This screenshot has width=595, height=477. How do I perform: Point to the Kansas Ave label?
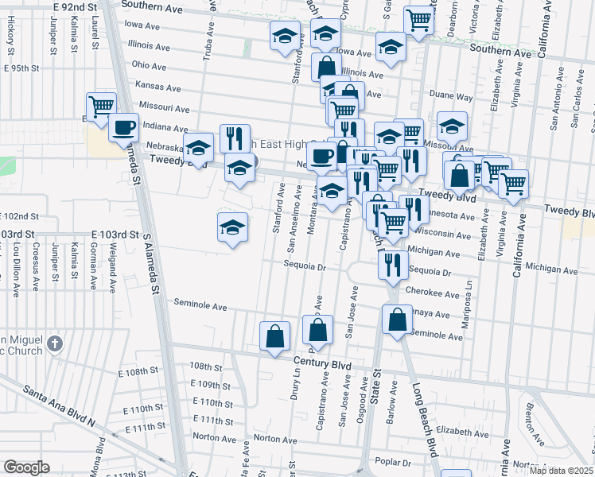click(x=155, y=84)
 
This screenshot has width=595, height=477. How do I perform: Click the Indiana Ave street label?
click(x=165, y=126)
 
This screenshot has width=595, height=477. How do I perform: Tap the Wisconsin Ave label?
click(x=436, y=235)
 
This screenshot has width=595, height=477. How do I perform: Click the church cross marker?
click(x=54, y=343)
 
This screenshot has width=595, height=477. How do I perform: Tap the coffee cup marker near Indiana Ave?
click(x=123, y=127)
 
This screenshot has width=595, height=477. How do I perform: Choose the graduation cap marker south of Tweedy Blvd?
click(x=231, y=228)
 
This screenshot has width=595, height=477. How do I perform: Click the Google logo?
click(x=26, y=467)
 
